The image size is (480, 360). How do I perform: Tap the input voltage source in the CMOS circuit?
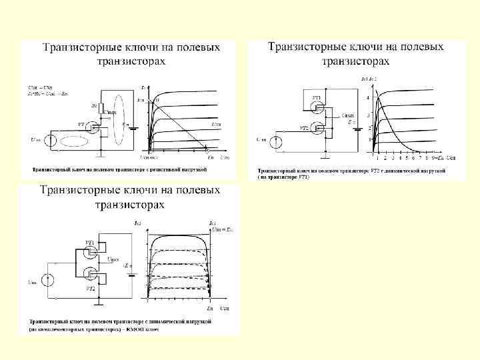(47, 281)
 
